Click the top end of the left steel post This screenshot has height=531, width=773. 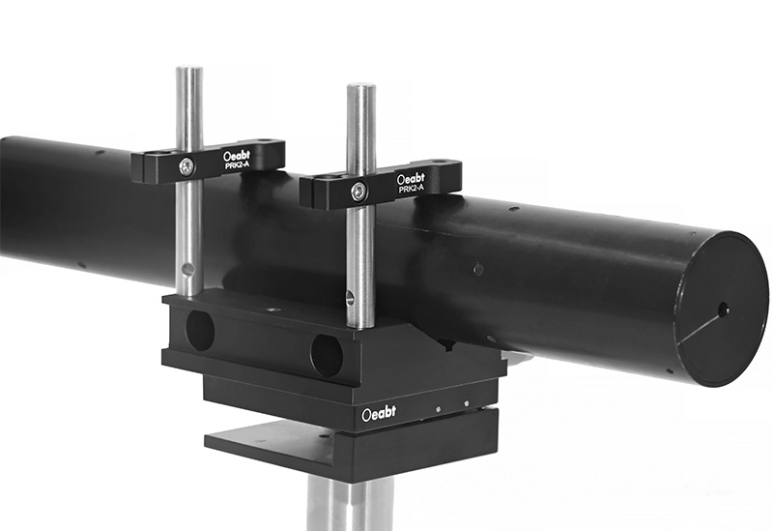(x=189, y=71)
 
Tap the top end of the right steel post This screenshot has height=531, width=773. (x=361, y=90)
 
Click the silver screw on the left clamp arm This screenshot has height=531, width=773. (x=187, y=167)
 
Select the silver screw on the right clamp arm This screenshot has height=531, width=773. (x=358, y=191)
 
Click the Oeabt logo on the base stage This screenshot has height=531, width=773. (x=378, y=413)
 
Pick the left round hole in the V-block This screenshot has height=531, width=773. (x=200, y=330)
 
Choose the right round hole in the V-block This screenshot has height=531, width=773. (x=327, y=355)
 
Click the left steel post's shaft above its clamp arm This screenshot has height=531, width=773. (x=188, y=111)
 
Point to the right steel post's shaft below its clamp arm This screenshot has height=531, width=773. (x=360, y=261)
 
